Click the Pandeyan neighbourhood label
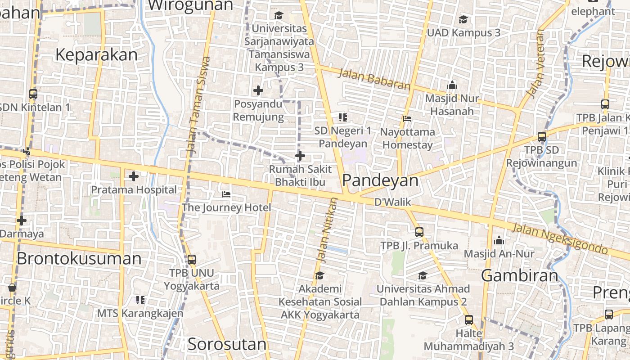click(x=380, y=180)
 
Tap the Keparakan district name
click(x=96, y=55)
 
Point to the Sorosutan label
click(x=227, y=345)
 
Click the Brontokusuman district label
click(x=79, y=259)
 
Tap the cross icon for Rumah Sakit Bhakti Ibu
click(x=300, y=156)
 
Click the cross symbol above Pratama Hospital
click(x=134, y=176)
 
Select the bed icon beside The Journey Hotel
click(x=226, y=194)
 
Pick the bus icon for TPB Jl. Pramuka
click(x=419, y=232)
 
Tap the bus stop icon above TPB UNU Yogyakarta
click(x=192, y=260)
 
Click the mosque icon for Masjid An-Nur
click(x=499, y=241)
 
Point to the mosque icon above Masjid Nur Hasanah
click(x=452, y=85)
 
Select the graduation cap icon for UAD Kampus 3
click(x=463, y=19)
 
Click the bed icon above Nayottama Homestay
click(x=407, y=119)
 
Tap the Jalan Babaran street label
click(x=374, y=79)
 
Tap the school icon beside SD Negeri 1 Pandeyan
click(x=343, y=117)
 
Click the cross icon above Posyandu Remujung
click(x=258, y=91)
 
